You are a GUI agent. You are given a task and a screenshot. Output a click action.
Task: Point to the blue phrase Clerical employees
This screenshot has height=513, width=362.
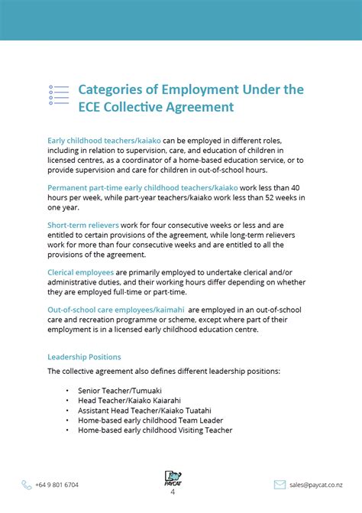(x=80, y=272)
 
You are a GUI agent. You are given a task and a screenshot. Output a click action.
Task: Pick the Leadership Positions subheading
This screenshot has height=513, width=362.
(x=84, y=357)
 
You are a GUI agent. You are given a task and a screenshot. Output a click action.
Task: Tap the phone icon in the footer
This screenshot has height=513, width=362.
(x=27, y=485)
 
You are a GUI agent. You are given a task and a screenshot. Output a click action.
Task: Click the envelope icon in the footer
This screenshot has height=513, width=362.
(x=280, y=485)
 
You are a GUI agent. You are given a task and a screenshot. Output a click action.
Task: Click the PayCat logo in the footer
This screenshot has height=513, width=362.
(x=173, y=479)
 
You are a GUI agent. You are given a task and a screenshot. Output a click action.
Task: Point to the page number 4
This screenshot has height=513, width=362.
(x=173, y=493)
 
